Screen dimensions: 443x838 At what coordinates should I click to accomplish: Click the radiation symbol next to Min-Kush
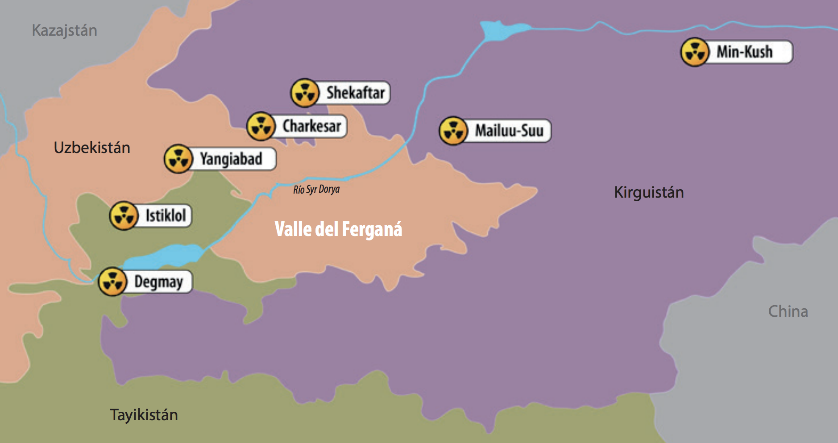[x=694, y=52]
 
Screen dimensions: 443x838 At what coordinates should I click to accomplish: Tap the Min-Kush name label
[x=744, y=52]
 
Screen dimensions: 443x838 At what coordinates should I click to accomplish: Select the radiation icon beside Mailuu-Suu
[x=453, y=131]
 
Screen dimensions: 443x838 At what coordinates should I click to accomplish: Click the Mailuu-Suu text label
[x=509, y=131]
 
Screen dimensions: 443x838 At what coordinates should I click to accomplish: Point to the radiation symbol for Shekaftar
[x=305, y=93]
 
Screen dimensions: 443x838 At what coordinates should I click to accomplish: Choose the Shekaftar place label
[x=355, y=93]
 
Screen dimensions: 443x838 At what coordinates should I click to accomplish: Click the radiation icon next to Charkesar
[x=261, y=126]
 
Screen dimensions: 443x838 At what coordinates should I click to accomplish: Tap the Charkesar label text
[x=311, y=126]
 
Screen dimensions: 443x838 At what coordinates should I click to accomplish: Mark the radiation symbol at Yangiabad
[x=178, y=159]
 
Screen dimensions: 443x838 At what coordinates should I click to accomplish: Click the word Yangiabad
[x=231, y=159]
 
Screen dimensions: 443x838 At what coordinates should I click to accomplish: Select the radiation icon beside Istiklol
[x=124, y=215]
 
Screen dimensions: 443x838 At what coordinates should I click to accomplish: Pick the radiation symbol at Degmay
[x=112, y=282]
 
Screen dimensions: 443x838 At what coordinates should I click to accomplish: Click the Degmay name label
[x=158, y=282]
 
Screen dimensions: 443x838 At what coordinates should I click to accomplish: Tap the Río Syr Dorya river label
[x=316, y=189]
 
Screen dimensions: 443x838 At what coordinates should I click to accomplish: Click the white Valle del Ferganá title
[x=338, y=229]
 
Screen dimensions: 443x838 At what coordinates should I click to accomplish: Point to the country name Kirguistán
[x=648, y=192]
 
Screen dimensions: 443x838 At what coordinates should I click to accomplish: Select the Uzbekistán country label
[x=92, y=148]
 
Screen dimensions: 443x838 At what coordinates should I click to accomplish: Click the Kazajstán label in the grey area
[x=64, y=30]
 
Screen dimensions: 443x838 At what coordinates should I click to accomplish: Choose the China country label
[x=788, y=311]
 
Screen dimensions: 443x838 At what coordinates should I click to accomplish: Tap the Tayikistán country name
[x=144, y=415]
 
